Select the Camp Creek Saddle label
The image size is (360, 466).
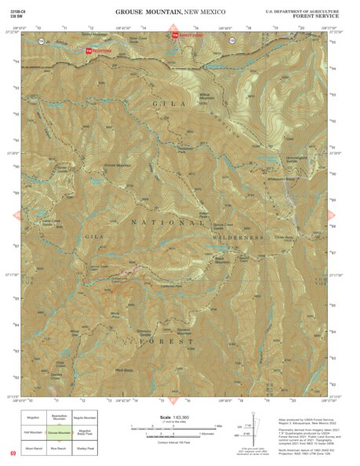click(51, 223)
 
